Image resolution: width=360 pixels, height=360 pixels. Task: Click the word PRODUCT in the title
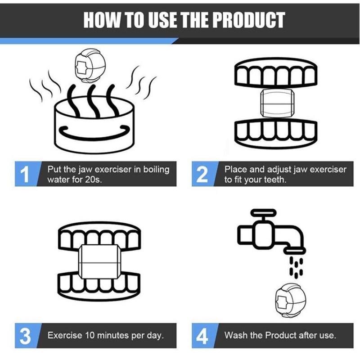(x=250, y=20)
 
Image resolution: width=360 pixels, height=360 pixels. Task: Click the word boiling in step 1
(x=156, y=170)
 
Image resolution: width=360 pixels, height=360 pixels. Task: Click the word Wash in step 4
(x=236, y=335)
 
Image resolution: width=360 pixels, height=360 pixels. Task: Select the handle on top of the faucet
(x=263, y=212)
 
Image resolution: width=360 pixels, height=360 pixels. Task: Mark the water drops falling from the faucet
(x=296, y=267)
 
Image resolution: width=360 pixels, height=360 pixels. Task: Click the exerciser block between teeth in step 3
(x=99, y=262)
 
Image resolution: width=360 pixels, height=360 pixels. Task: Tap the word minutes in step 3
(x=113, y=335)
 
